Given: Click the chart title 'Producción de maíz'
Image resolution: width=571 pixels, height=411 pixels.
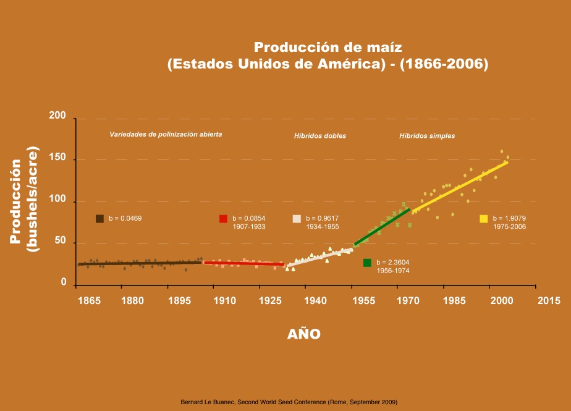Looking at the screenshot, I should pyautogui.click(x=328, y=48).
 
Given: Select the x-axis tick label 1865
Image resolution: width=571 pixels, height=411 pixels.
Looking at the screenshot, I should pyautogui.click(x=89, y=301).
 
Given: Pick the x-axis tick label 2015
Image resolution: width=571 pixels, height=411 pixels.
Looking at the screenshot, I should pyautogui.click(x=549, y=301).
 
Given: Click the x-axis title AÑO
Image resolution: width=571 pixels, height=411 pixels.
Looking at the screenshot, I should pyautogui.click(x=304, y=334).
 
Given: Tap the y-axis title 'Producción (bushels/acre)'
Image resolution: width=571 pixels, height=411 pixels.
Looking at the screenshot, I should pyautogui.click(x=24, y=201).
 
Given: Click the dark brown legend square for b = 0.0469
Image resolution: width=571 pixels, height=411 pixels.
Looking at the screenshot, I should pyautogui.click(x=99, y=219).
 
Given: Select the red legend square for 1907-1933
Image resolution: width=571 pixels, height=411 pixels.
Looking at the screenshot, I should pyautogui.click(x=223, y=219).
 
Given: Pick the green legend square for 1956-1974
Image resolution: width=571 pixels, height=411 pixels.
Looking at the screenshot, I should pyautogui.click(x=367, y=263).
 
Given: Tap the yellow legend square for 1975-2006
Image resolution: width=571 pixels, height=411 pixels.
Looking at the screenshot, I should pyautogui.click(x=484, y=219).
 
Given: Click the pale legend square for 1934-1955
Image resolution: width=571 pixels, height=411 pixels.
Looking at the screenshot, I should pyautogui.click(x=297, y=219).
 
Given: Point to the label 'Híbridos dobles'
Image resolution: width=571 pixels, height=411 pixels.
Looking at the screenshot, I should pyautogui.click(x=319, y=136).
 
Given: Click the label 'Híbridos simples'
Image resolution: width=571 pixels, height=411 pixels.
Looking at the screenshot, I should pyautogui.click(x=427, y=136).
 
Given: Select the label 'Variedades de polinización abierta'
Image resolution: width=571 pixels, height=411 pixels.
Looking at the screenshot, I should pyautogui.click(x=166, y=134).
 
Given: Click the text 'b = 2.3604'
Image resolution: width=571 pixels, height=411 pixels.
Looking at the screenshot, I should pyautogui.click(x=393, y=262).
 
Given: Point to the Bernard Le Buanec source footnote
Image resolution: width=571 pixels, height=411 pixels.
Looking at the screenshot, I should pyautogui.click(x=289, y=402).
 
